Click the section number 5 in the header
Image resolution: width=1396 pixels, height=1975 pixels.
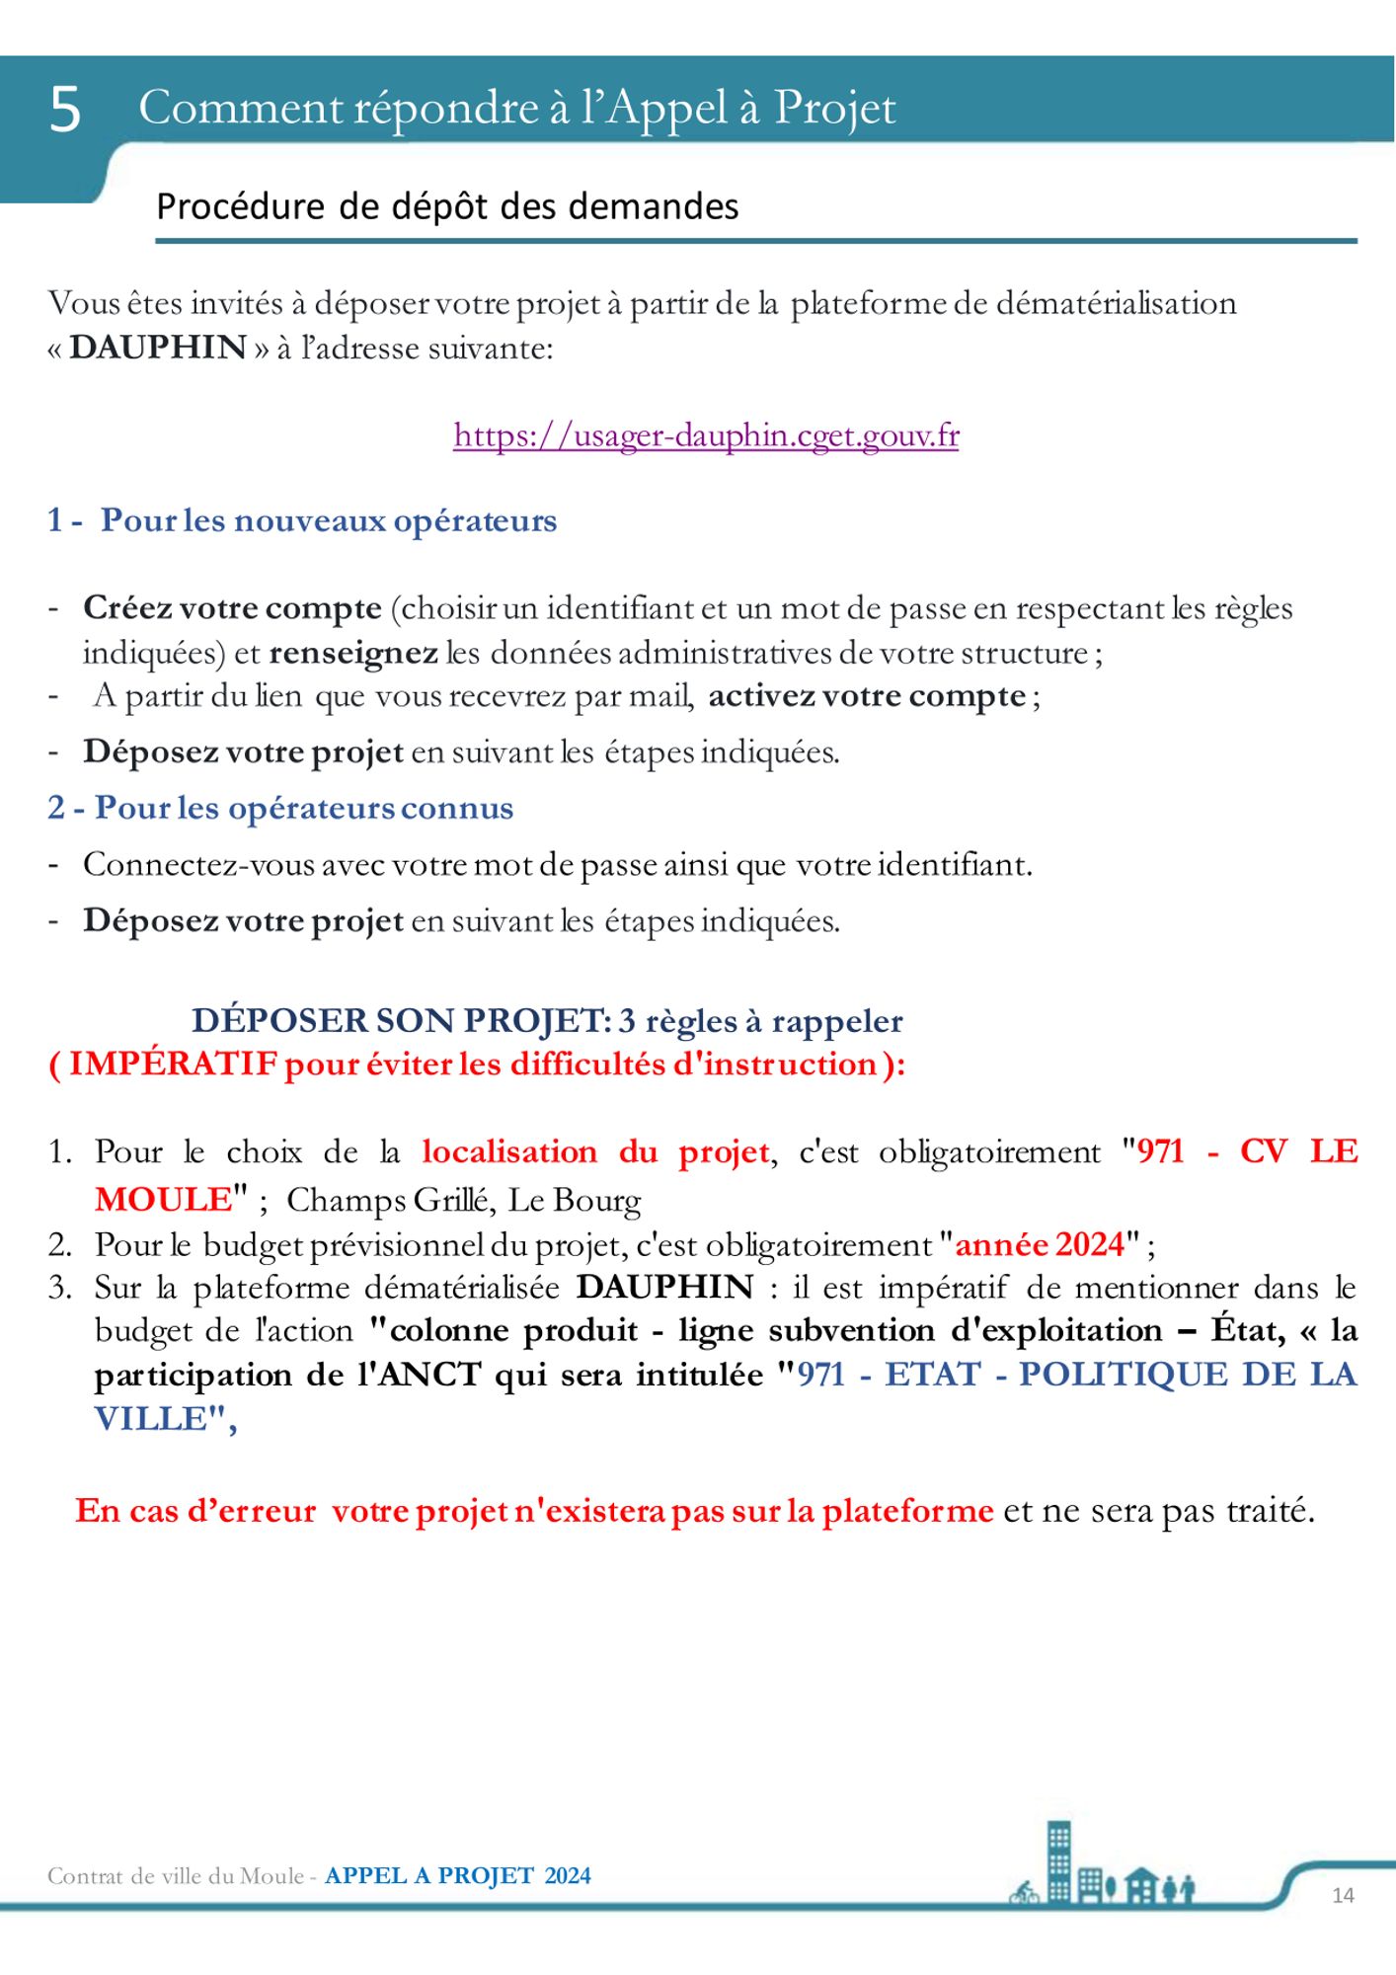[x=65, y=109]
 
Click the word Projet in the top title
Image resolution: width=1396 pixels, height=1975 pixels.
[x=834, y=109]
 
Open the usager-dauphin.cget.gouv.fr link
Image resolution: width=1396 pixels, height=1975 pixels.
[x=706, y=435]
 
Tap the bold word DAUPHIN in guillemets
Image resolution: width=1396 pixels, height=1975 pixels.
[x=158, y=348]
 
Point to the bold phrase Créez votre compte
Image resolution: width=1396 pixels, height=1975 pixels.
[x=232, y=608]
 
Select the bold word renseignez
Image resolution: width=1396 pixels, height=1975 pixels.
[x=352, y=653]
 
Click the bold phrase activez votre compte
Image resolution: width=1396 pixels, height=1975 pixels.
[x=867, y=696]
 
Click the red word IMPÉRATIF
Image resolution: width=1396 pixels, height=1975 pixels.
[x=173, y=1065]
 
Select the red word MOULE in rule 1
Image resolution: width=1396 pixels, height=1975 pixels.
[x=162, y=1199]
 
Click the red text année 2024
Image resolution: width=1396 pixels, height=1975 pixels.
[x=1040, y=1244]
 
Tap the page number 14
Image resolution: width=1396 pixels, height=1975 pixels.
[x=1343, y=1895]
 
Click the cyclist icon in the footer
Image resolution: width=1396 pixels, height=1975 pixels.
[x=1024, y=1893]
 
